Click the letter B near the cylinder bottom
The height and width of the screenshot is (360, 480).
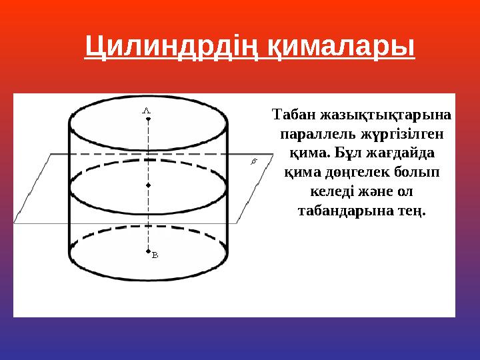pyautogui.click(x=155, y=255)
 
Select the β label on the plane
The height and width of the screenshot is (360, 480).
pyautogui.click(x=253, y=162)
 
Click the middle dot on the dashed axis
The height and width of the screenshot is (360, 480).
pyautogui.click(x=149, y=183)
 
